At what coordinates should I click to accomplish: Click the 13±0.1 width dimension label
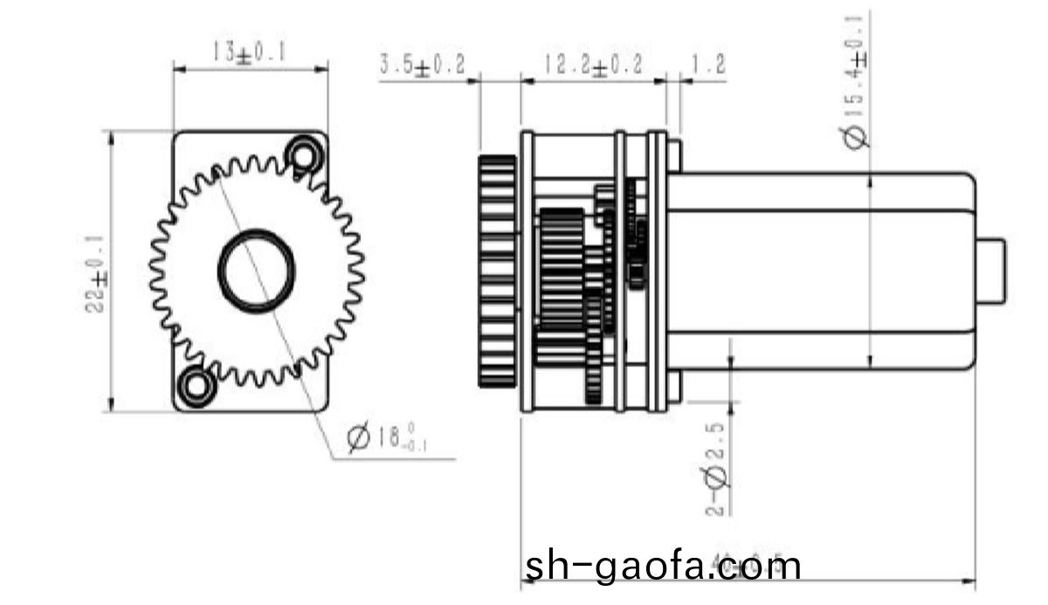(x=249, y=52)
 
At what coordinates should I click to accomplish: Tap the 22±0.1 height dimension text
(x=97, y=272)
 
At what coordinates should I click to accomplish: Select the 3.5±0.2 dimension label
(x=422, y=65)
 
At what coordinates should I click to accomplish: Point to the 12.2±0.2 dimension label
(x=593, y=65)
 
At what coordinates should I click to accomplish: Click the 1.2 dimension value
(x=707, y=65)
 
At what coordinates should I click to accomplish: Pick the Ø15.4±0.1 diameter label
(x=857, y=83)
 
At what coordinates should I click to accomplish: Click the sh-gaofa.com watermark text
(x=663, y=566)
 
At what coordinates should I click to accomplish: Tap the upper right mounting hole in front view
(x=303, y=155)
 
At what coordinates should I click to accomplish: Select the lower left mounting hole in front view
(x=196, y=385)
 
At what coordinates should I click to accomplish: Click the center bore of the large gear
(x=256, y=270)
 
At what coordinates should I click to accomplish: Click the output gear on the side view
(x=498, y=271)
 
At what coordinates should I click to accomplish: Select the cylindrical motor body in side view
(x=821, y=271)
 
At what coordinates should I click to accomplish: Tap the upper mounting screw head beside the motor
(x=673, y=155)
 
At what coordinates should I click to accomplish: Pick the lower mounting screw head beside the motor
(x=673, y=387)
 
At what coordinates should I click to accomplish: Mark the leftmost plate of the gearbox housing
(x=527, y=271)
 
